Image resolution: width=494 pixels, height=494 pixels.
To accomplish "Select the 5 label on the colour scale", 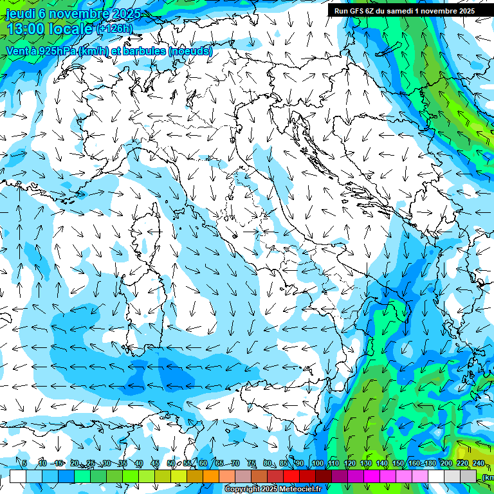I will [x=24, y=463].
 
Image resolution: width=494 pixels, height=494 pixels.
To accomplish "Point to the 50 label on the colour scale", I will [x=171, y=463].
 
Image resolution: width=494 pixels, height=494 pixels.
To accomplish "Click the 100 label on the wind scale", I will [x=317, y=463].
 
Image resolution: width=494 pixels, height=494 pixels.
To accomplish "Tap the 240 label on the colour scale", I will [x=478, y=463].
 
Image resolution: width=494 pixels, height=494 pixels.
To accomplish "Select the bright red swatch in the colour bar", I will [x=291, y=476].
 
